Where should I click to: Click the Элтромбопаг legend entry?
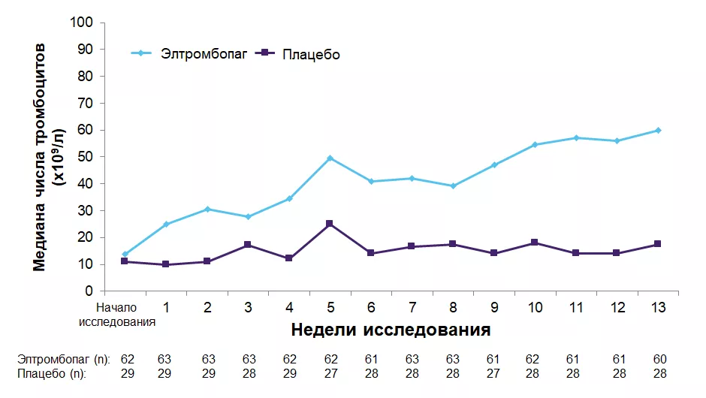click(203, 53)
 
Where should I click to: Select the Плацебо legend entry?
click(311, 54)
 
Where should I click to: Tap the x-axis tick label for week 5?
click(330, 307)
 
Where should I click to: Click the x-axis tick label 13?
click(658, 307)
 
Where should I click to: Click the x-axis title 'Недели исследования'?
click(391, 330)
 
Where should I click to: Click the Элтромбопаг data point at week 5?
click(330, 158)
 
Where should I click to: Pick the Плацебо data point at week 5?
click(330, 224)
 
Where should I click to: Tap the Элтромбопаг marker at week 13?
click(658, 130)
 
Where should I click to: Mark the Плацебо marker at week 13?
click(658, 244)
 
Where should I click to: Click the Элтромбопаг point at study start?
click(125, 254)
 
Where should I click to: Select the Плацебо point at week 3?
click(248, 245)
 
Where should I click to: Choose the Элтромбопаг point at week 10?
click(535, 144)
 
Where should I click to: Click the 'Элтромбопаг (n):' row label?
click(64, 359)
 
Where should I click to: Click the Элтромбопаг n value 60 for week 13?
click(660, 359)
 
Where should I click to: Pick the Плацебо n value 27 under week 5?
click(330, 372)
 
